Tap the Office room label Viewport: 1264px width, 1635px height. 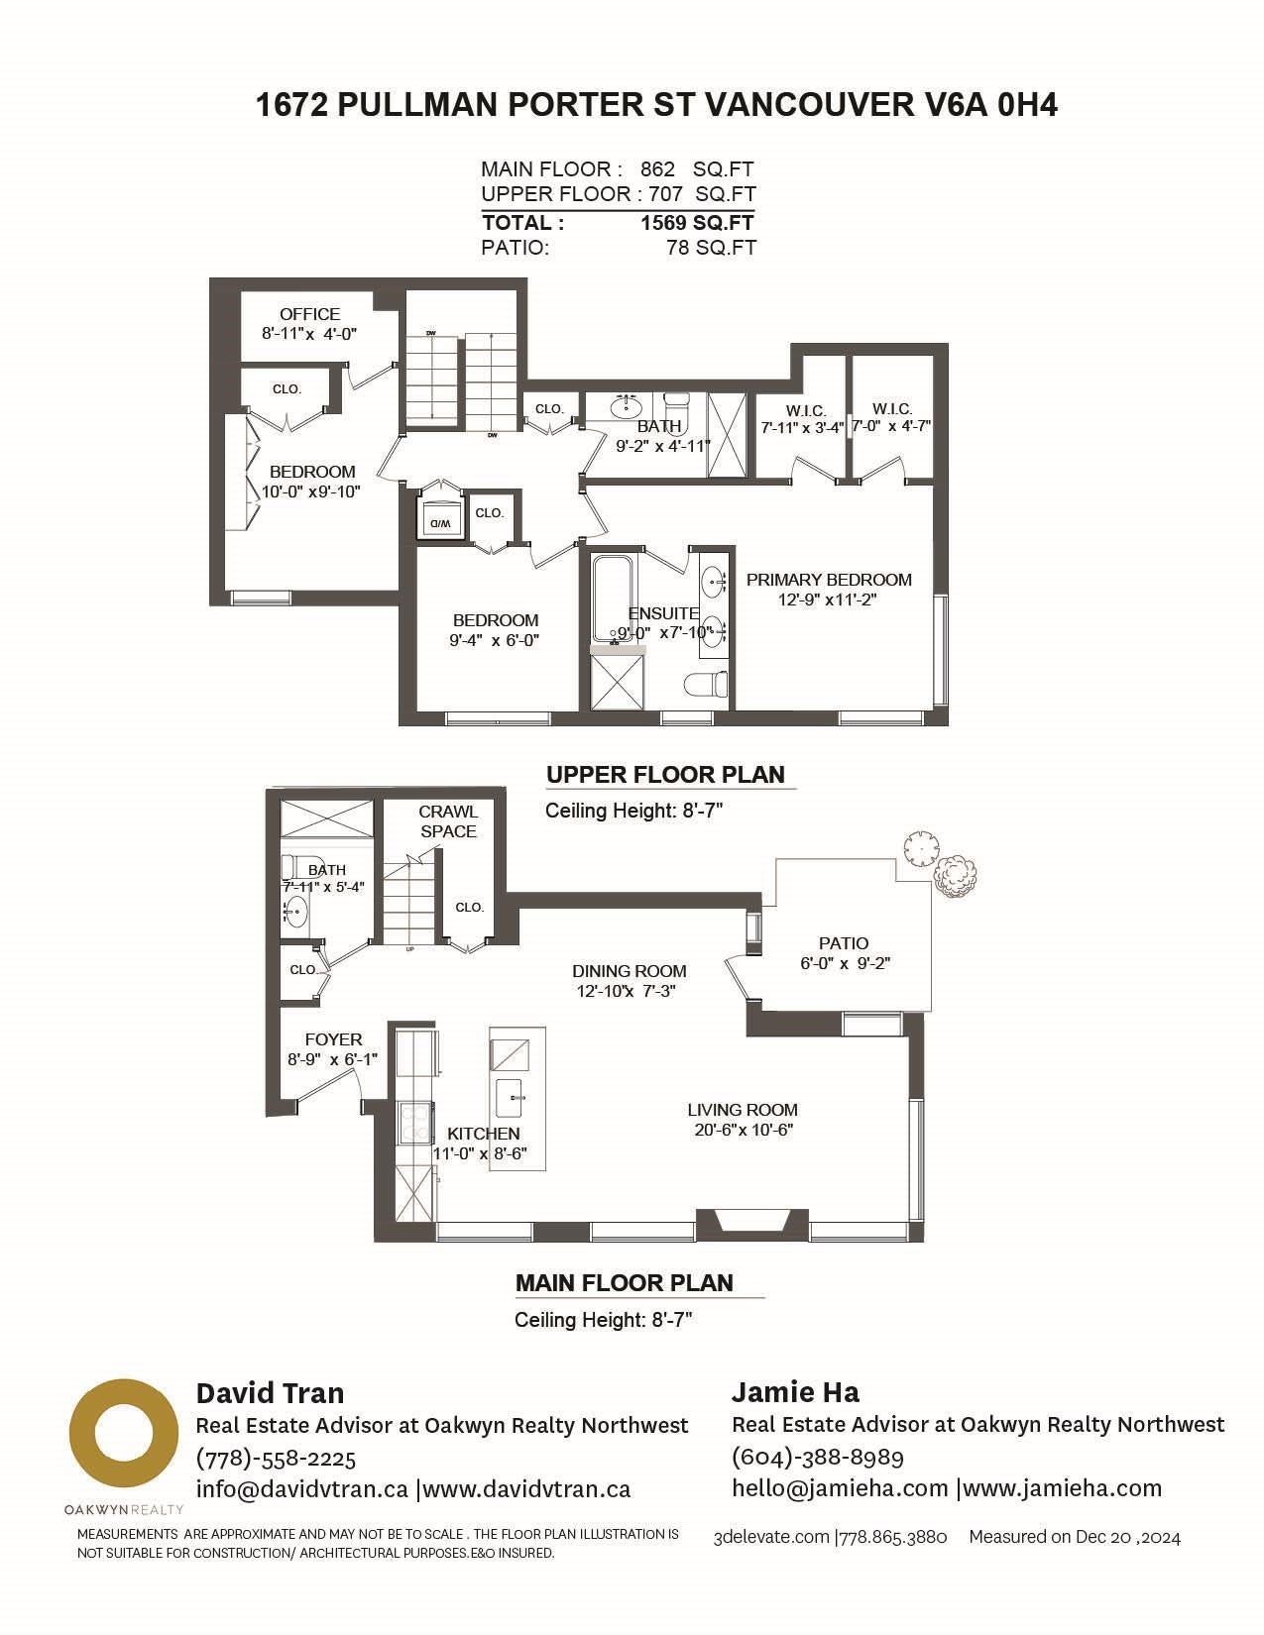click(309, 314)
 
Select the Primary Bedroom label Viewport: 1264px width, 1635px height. click(828, 580)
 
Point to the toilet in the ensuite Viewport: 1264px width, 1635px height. click(707, 684)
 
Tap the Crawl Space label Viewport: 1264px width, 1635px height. click(449, 820)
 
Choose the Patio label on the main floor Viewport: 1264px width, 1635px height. click(844, 942)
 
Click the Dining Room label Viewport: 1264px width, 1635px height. click(629, 971)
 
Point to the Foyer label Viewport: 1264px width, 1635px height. click(333, 1039)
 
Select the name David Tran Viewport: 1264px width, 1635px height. click(270, 1392)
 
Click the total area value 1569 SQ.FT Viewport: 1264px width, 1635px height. click(697, 223)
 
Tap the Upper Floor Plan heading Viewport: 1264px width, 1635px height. click(665, 774)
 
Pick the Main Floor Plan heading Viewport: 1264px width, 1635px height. click(625, 1282)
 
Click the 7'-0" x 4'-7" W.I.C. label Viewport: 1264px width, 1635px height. click(891, 426)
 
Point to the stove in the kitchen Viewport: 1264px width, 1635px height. click(415, 1122)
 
